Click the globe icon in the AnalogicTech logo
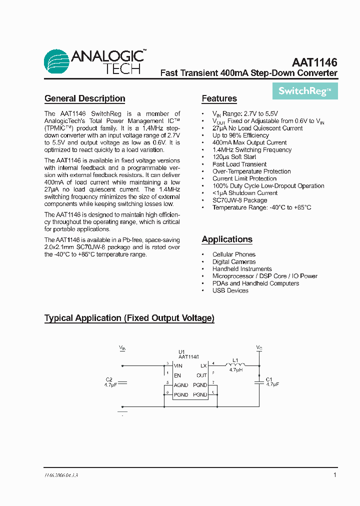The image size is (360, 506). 56,62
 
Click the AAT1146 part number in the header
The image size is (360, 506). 314,63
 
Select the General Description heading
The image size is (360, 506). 84,98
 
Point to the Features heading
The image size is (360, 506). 219,98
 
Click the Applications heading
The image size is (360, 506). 227,239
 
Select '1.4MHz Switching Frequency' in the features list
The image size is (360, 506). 252,150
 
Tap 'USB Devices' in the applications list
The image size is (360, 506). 230,290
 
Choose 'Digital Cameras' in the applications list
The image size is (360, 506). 234,262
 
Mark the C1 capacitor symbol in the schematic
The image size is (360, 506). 259,381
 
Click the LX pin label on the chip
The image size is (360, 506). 203,366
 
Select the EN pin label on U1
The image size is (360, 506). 177,375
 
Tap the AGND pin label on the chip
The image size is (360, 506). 181,385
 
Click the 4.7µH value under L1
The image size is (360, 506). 235,370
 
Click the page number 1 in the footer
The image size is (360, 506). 334,475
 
